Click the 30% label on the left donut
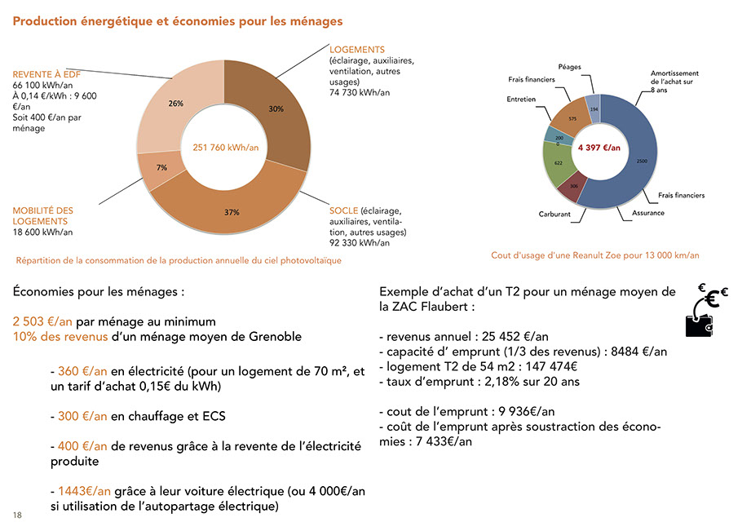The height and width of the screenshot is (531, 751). pyautogui.click(x=276, y=108)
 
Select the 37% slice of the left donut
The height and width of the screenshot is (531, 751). pyautogui.click(x=232, y=212)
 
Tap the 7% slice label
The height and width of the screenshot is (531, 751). pyautogui.click(x=161, y=167)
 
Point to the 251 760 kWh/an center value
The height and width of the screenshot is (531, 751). pyautogui.click(x=225, y=148)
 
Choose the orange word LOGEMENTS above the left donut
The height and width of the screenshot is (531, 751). pyautogui.click(x=357, y=50)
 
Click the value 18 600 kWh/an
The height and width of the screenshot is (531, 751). pyautogui.click(x=42, y=232)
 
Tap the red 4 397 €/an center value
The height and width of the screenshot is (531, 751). pyautogui.click(x=599, y=148)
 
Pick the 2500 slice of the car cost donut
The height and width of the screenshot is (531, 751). pyautogui.click(x=642, y=161)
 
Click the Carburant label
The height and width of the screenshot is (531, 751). pyautogui.click(x=554, y=215)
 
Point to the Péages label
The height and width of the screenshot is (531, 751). pyautogui.click(x=570, y=66)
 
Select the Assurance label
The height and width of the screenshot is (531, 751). pyautogui.click(x=648, y=213)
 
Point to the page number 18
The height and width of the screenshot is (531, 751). pyautogui.click(x=17, y=516)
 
